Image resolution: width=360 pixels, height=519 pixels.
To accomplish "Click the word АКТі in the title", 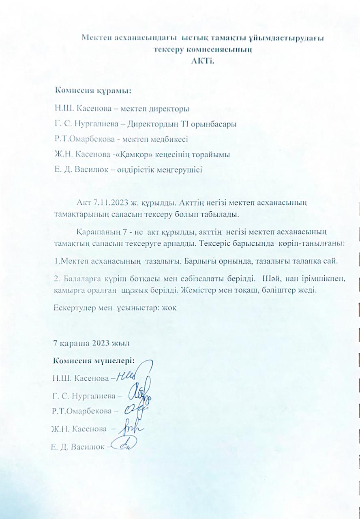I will (x=201, y=61).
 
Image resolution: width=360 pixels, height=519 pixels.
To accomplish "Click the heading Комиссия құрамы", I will (x=94, y=90).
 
